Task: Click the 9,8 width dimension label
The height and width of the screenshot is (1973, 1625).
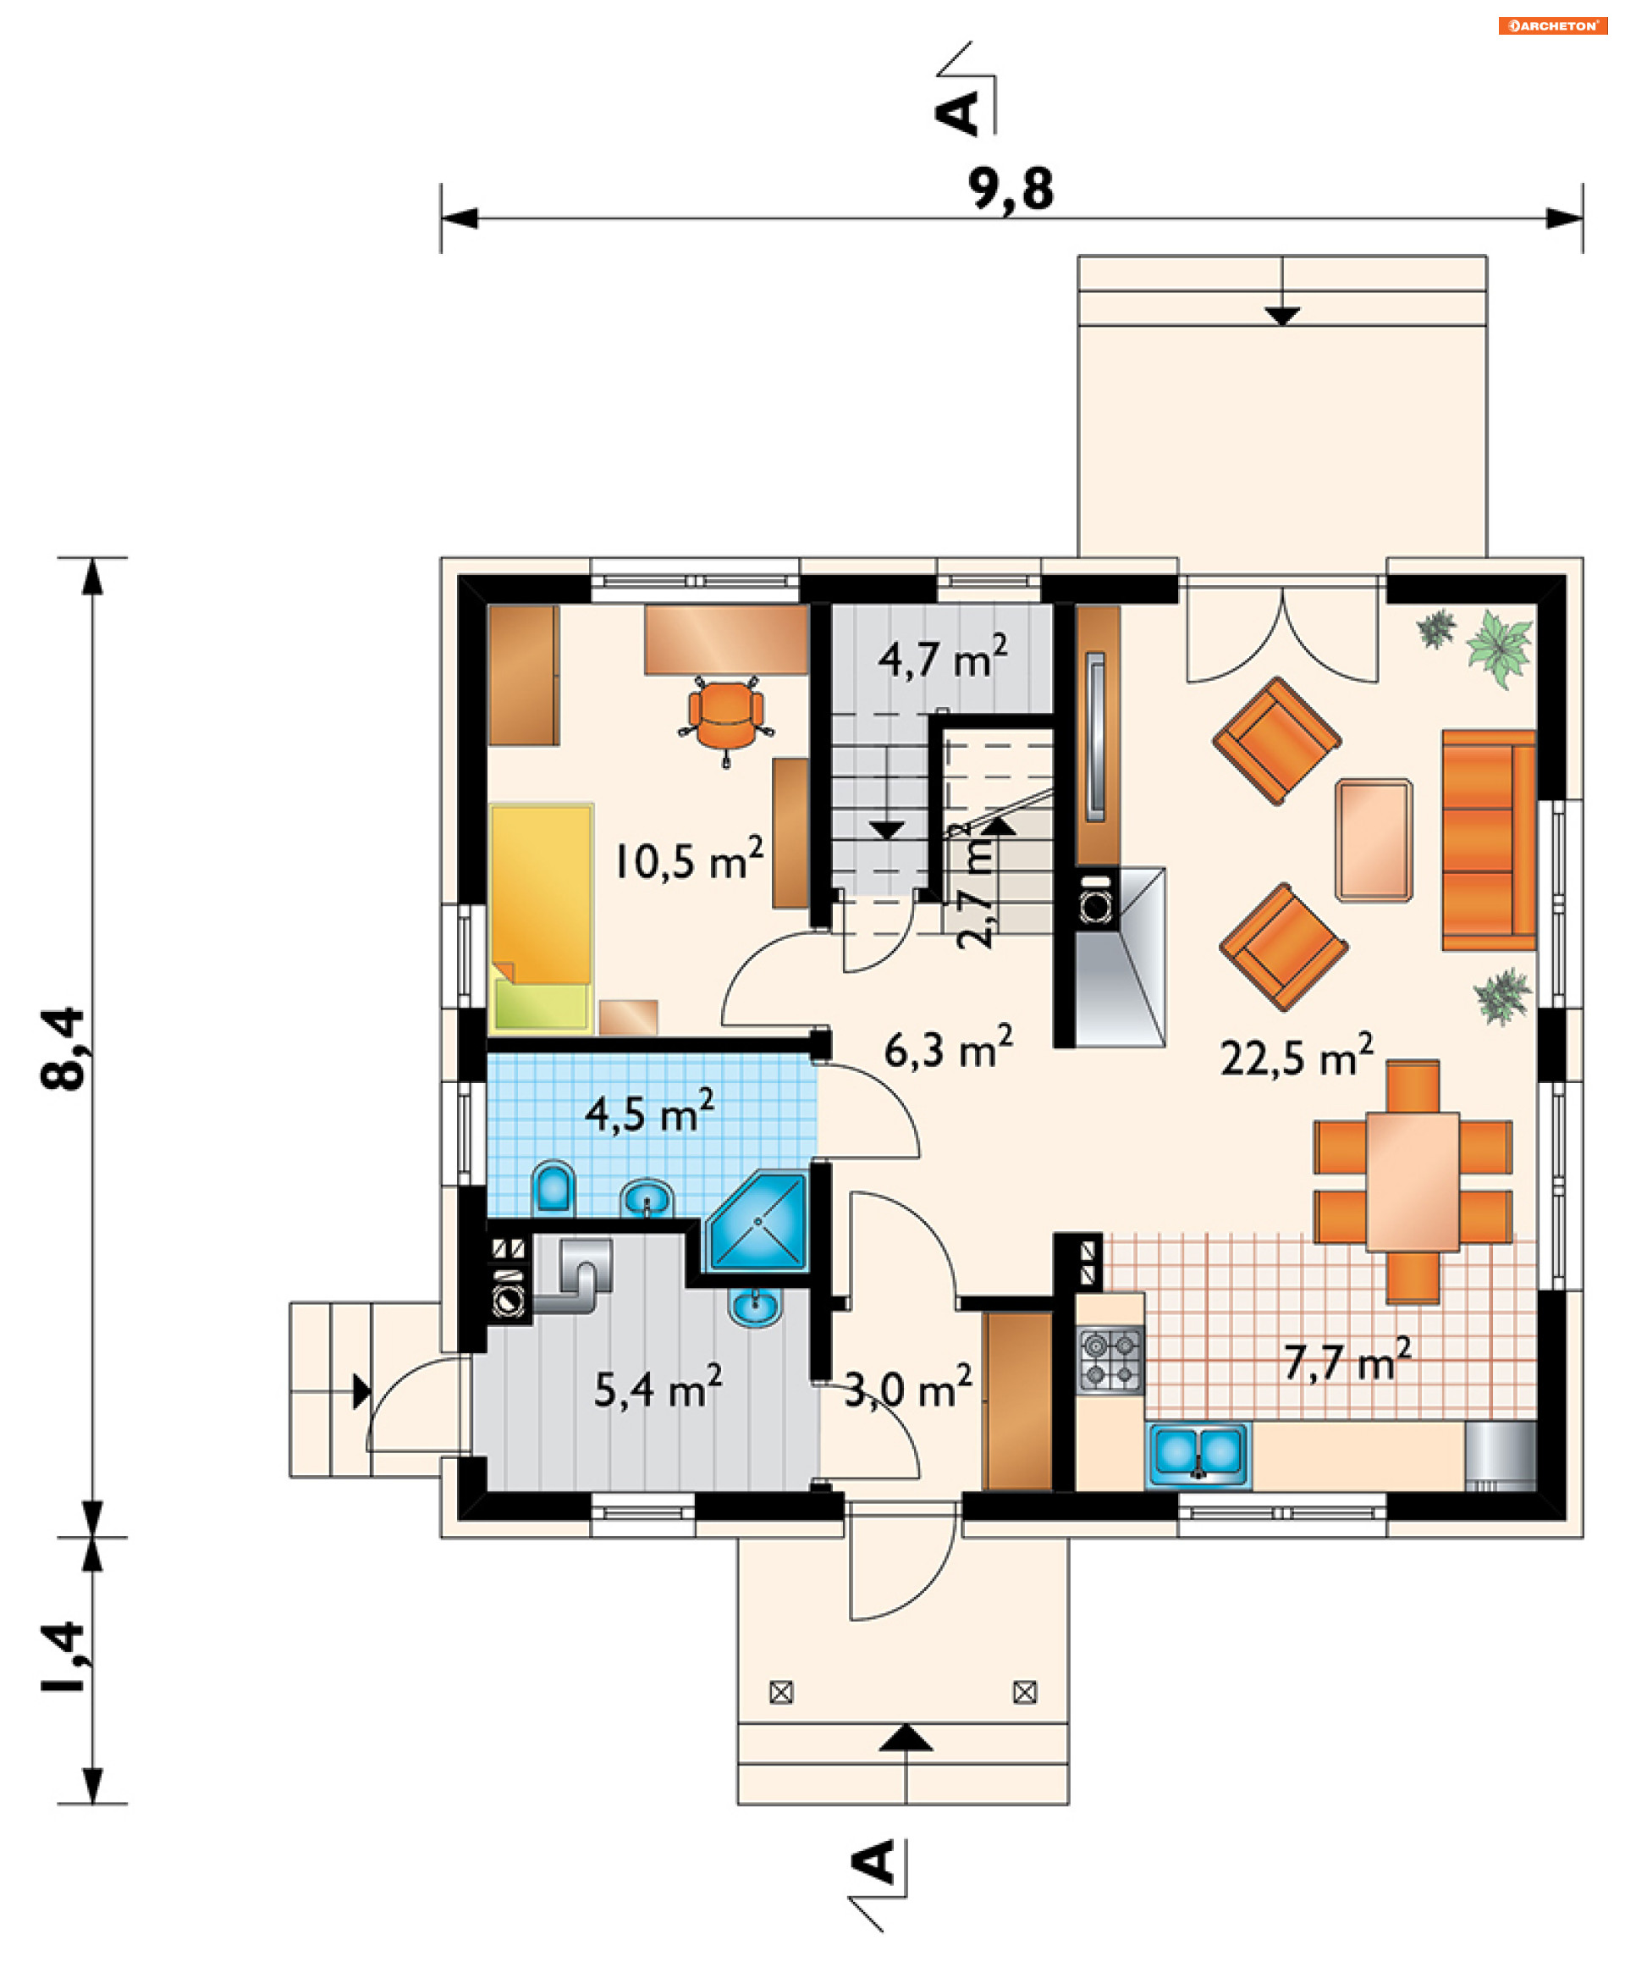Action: [1010, 190]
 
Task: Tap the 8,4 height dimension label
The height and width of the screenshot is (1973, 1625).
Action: [63, 1049]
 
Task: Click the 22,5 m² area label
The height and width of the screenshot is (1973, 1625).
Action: [1297, 1054]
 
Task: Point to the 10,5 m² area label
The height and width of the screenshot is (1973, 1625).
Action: [688, 859]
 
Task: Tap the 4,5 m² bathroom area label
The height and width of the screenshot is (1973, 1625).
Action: [650, 1112]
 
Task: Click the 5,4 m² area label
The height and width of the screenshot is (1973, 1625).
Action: [658, 1387]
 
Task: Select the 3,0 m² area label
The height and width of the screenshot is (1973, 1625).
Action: [908, 1387]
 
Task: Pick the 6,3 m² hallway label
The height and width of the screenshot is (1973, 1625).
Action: [948, 1047]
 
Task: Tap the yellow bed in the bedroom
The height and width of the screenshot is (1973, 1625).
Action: [541, 918]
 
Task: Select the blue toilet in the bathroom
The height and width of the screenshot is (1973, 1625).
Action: [554, 1187]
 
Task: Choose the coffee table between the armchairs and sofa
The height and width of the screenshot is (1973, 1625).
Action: [1373, 840]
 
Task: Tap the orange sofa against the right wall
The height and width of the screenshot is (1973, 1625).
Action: [1489, 841]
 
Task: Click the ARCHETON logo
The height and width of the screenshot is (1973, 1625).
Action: [1553, 25]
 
